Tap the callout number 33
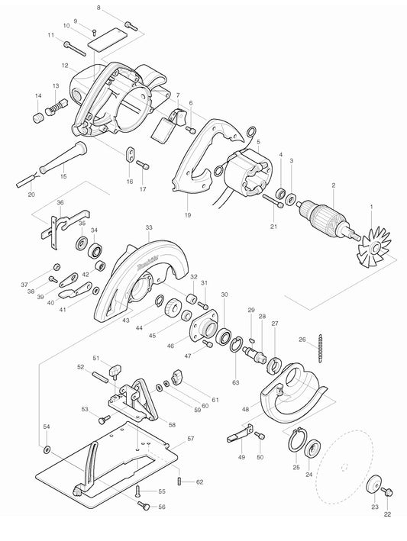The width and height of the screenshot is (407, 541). click(148, 227)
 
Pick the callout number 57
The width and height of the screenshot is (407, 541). click(191, 440)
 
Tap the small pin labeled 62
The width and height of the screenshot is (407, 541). click(179, 481)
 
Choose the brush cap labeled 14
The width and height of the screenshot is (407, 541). click(37, 121)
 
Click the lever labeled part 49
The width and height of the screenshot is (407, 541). click(241, 437)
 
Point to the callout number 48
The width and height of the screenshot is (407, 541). click(245, 410)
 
